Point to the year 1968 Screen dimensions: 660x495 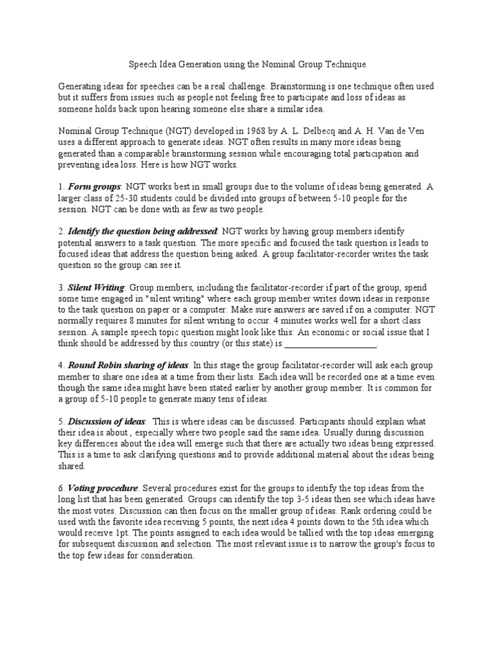pyautogui.click(x=249, y=131)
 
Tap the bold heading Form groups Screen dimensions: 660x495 pyautogui.click(x=95, y=187)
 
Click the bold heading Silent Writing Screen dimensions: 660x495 pyautogui.click(x=97, y=287)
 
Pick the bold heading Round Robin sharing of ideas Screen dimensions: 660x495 pyautogui.click(x=128, y=365)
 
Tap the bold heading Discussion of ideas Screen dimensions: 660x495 pyautogui.click(x=106, y=421)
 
